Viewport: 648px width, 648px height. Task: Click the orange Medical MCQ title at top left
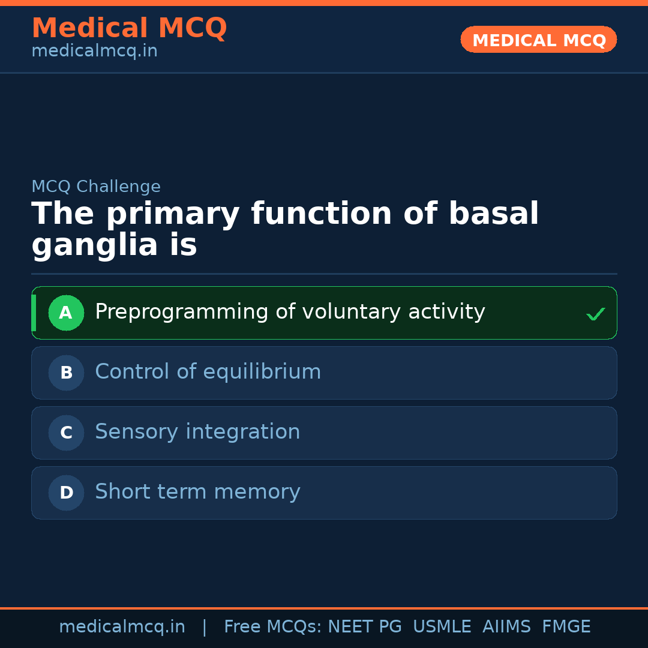point(129,28)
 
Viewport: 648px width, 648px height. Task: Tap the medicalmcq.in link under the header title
point(94,52)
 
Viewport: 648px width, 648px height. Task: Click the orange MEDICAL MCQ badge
point(538,40)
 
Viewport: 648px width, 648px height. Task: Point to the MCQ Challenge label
point(96,187)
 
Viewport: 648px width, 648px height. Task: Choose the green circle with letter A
point(66,313)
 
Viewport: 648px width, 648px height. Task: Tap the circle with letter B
point(66,373)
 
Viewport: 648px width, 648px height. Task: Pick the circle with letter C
point(66,433)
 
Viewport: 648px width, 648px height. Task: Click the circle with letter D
point(66,493)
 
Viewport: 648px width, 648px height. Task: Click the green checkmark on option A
point(595,314)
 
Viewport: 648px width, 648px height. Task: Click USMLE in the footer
point(442,627)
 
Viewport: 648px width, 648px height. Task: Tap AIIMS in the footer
point(506,627)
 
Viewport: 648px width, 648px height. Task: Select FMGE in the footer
point(566,627)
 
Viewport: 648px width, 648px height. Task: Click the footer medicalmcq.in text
point(122,627)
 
